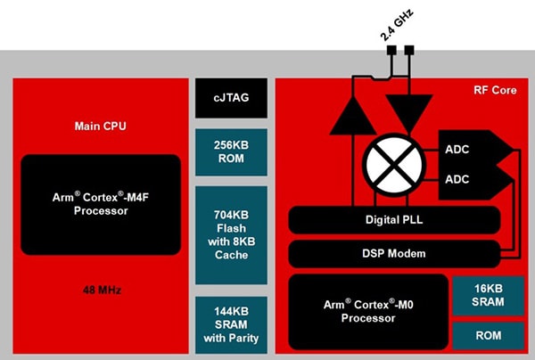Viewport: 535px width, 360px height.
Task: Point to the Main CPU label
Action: coord(100,126)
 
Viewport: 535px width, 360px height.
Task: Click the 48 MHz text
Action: coord(100,290)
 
